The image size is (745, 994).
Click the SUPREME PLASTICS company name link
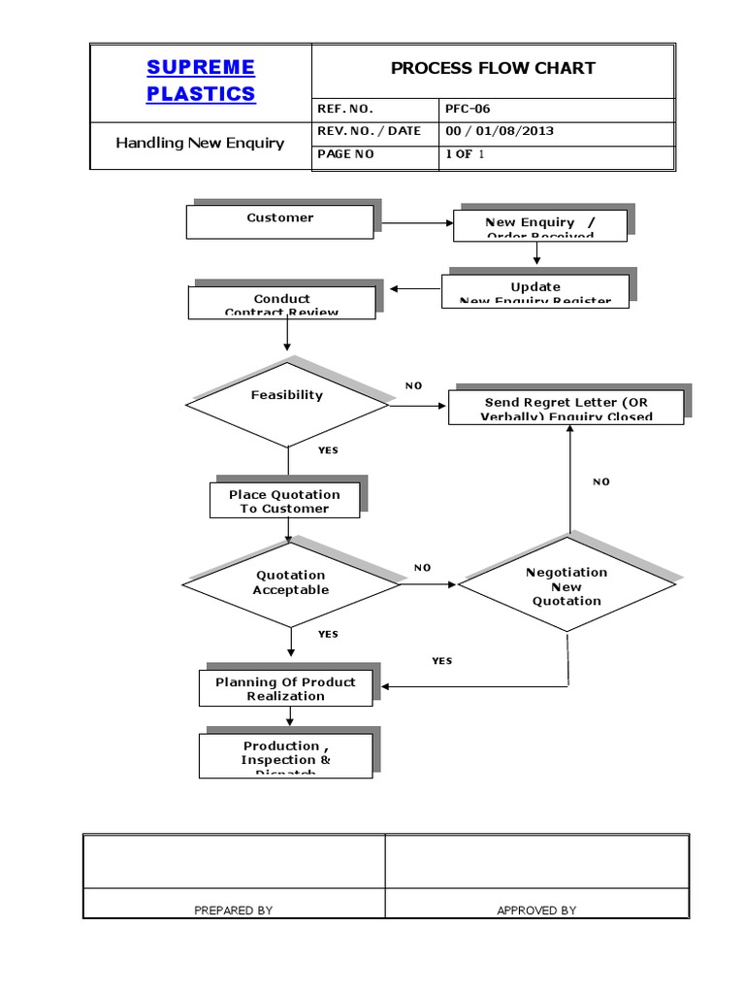pos(201,80)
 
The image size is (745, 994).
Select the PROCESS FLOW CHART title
pos(493,68)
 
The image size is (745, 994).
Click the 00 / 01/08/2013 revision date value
pos(500,131)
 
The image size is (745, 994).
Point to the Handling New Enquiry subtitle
pos(200,143)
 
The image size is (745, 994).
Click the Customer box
pos(279,220)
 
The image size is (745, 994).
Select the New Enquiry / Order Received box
pos(540,226)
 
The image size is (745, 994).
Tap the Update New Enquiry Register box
pos(535,291)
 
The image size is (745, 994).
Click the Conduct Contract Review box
pos(282,303)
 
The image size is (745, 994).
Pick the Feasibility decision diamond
pos(287,403)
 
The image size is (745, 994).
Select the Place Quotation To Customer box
pos(284,501)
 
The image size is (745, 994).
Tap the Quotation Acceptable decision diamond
pos(291,583)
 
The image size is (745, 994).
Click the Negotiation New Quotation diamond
pos(567,586)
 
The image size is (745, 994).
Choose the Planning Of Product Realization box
pos(285,688)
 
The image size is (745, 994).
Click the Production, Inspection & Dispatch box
pos(285,755)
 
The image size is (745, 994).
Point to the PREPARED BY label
pos(234,911)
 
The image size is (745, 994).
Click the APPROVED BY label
pos(536,911)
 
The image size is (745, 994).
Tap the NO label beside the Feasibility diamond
pos(414,385)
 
